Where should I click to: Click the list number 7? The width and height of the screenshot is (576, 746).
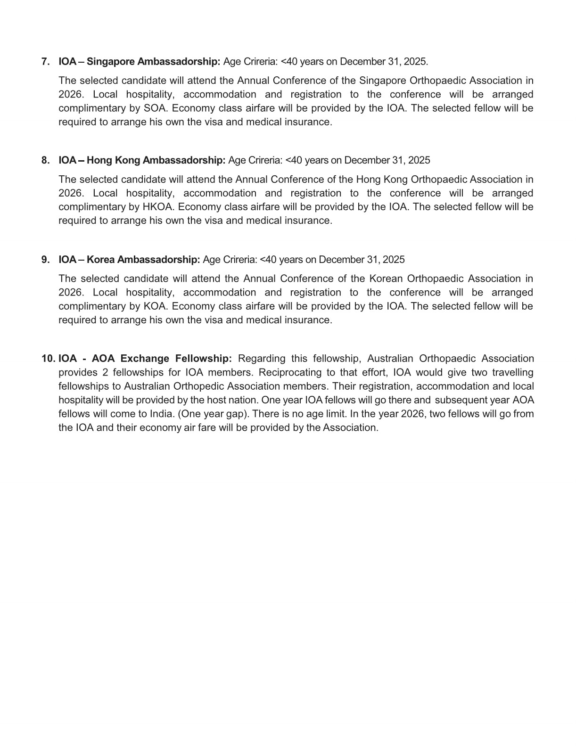click(x=45, y=62)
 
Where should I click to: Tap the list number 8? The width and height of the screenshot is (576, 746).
click(x=45, y=160)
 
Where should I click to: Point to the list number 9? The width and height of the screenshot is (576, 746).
click(x=45, y=260)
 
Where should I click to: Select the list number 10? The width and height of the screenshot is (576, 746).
click(x=48, y=359)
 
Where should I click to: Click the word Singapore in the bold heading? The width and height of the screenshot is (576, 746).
click(x=111, y=62)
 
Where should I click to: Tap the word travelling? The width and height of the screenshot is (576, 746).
click(x=513, y=373)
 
